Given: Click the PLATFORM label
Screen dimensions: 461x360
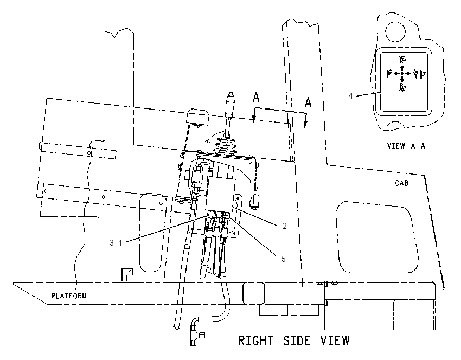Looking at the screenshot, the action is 69,295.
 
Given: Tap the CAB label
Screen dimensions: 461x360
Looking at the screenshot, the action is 401,183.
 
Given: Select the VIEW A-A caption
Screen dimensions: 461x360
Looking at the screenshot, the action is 406,146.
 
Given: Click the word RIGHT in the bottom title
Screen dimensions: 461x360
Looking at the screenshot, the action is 255,340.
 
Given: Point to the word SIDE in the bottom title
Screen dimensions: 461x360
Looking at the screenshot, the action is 297,340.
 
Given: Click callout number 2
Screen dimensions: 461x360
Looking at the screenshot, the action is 284,226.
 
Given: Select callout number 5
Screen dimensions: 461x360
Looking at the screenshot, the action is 284,259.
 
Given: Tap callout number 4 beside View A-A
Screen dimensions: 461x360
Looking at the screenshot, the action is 350,95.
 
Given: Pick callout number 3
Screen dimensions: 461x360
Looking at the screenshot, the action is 112,243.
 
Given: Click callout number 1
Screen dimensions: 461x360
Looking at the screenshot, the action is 120,243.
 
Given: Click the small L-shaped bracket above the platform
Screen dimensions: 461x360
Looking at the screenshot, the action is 127,274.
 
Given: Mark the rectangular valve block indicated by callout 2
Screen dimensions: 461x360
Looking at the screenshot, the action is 221,194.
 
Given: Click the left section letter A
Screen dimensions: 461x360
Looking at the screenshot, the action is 256,97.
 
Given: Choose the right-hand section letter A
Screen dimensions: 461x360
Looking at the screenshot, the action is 308,102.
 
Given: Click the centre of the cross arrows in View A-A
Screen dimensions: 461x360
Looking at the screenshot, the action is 402,73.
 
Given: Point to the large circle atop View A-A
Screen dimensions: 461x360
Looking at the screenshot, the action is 395,32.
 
